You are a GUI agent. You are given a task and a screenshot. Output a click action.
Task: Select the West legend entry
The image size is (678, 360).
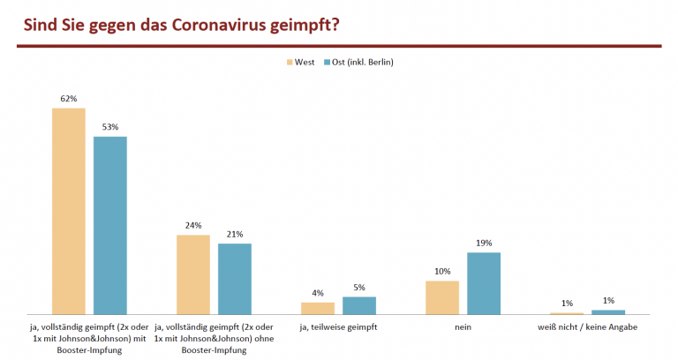tap(300, 62)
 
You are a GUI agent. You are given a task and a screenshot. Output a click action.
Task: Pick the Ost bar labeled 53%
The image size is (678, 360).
tap(110, 224)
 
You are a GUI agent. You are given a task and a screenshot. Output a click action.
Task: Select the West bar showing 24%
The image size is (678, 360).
tap(193, 274)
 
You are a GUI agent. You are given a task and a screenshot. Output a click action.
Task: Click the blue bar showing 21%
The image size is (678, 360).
tap(235, 278)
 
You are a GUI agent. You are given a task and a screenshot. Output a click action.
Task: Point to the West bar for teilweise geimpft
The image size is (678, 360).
tap(318, 307)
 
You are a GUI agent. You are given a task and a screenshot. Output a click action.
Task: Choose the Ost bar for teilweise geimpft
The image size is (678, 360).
tap(359, 304)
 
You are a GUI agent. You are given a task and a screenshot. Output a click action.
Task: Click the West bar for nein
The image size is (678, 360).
tap(442, 296)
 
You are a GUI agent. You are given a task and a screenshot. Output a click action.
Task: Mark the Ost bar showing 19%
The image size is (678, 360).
tap(484, 282)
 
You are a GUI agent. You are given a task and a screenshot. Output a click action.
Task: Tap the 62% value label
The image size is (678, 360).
tap(69, 99)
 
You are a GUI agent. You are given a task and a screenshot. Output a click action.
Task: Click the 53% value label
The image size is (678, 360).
tap(110, 127)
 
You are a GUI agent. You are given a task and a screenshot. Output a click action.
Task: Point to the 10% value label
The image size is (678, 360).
tap(442, 272)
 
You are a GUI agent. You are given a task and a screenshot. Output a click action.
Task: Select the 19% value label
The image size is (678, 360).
tap(484, 243)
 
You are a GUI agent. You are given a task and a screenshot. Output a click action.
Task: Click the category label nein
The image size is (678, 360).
tap(463, 327)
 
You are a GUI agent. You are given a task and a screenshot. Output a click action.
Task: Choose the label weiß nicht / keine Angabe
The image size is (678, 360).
tap(587, 327)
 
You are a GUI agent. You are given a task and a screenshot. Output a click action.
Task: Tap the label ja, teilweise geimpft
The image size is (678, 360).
tap(338, 327)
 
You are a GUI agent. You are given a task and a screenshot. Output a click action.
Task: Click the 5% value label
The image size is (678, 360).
tap(359, 287)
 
